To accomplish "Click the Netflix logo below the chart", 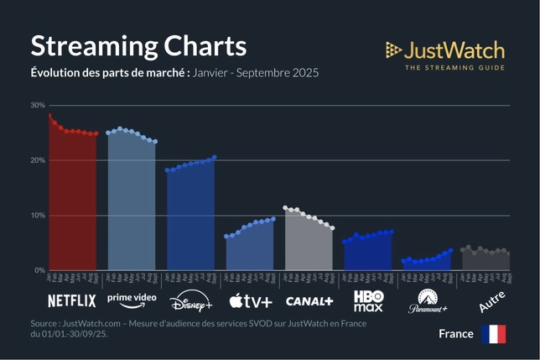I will tap(72, 300).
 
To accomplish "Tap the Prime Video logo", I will tap(132, 300).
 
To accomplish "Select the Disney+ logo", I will tap(191, 301).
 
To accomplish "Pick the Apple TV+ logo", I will tap(251, 300).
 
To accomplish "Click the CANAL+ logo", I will tap(309, 300).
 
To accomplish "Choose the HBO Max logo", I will tap(368, 300).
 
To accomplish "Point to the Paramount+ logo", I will tap(428, 301).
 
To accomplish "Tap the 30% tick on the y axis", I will tap(37, 106).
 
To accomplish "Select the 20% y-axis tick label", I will tap(37, 160).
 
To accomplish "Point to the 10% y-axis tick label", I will tap(37, 216).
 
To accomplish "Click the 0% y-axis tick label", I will tap(39, 270).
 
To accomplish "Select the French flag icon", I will tap(493, 334).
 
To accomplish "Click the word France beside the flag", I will tap(456, 334).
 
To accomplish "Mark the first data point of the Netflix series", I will tap(49, 115).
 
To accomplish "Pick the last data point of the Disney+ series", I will tap(215, 157).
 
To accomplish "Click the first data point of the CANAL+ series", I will tap(285, 207).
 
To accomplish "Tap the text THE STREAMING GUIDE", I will tap(454, 67).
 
